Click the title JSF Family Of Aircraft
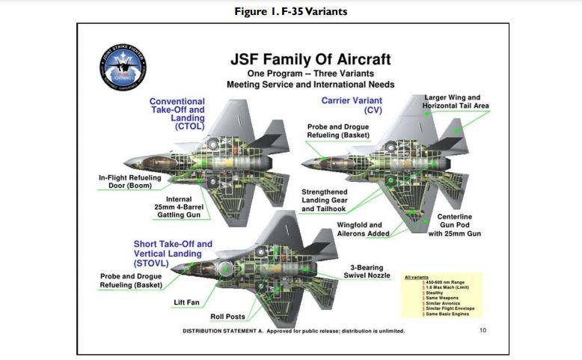pyautogui.click(x=310, y=59)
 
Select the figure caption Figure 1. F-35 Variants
pyautogui.click(x=290, y=10)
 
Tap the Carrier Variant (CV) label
pyautogui.click(x=352, y=104)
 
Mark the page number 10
pyautogui.click(x=483, y=330)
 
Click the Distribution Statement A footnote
pyautogui.click(x=294, y=331)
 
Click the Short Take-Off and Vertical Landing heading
pyautogui.click(x=173, y=254)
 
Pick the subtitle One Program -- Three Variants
pyautogui.click(x=310, y=74)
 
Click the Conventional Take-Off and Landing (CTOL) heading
pyautogui.click(x=177, y=113)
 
